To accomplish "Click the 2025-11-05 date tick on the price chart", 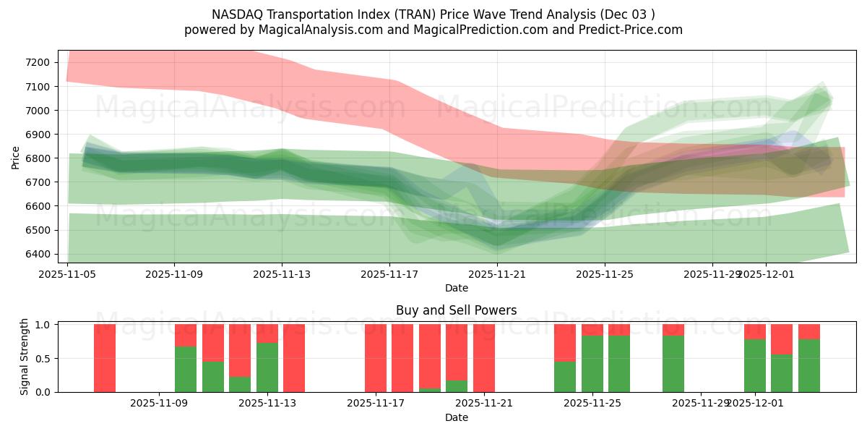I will (x=67, y=274).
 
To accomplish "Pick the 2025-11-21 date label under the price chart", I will (x=498, y=274).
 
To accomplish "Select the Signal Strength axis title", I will (x=24, y=357).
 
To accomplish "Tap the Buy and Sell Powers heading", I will (x=456, y=310).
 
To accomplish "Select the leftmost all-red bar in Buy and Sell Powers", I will (x=105, y=358).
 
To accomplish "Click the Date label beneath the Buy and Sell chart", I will (x=456, y=417).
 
